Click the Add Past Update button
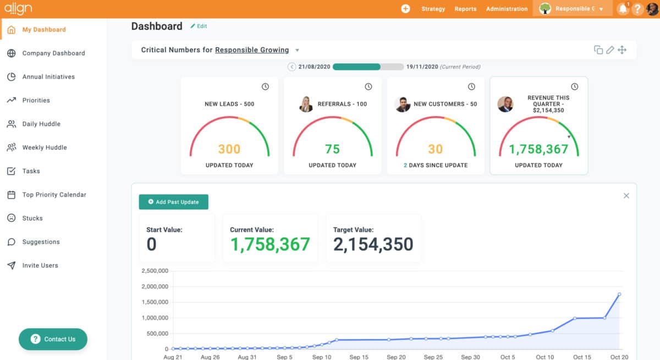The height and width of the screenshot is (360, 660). click(x=173, y=202)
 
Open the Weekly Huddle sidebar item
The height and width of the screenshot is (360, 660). click(x=44, y=147)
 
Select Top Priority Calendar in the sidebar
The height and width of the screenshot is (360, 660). click(x=54, y=195)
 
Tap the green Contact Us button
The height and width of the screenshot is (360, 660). click(x=53, y=339)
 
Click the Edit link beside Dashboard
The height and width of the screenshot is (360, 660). click(x=199, y=26)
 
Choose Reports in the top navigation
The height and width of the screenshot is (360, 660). click(x=465, y=9)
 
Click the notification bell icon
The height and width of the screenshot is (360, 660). click(x=623, y=9)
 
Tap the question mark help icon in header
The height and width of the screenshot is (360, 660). click(x=637, y=9)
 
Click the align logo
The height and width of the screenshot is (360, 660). click(x=18, y=8)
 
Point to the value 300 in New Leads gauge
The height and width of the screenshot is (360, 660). click(x=229, y=149)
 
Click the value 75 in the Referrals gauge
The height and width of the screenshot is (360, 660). click(x=332, y=149)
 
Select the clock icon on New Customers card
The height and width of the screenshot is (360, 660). click(x=471, y=87)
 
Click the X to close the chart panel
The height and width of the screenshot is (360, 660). click(x=626, y=196)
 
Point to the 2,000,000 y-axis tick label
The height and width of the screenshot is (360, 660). click(x=155, y=286)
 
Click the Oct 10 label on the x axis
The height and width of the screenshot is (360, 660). click(x=544, y=357)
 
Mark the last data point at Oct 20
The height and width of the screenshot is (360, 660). click(x=619, y=294)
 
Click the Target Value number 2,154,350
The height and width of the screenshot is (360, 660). click(x=373, y=245)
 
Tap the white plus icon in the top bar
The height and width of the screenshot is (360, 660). click(x=405, y=9)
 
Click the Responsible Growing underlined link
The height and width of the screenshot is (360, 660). click(x=252, y=50)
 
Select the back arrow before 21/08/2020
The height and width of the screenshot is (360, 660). click(x=292, y=67)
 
